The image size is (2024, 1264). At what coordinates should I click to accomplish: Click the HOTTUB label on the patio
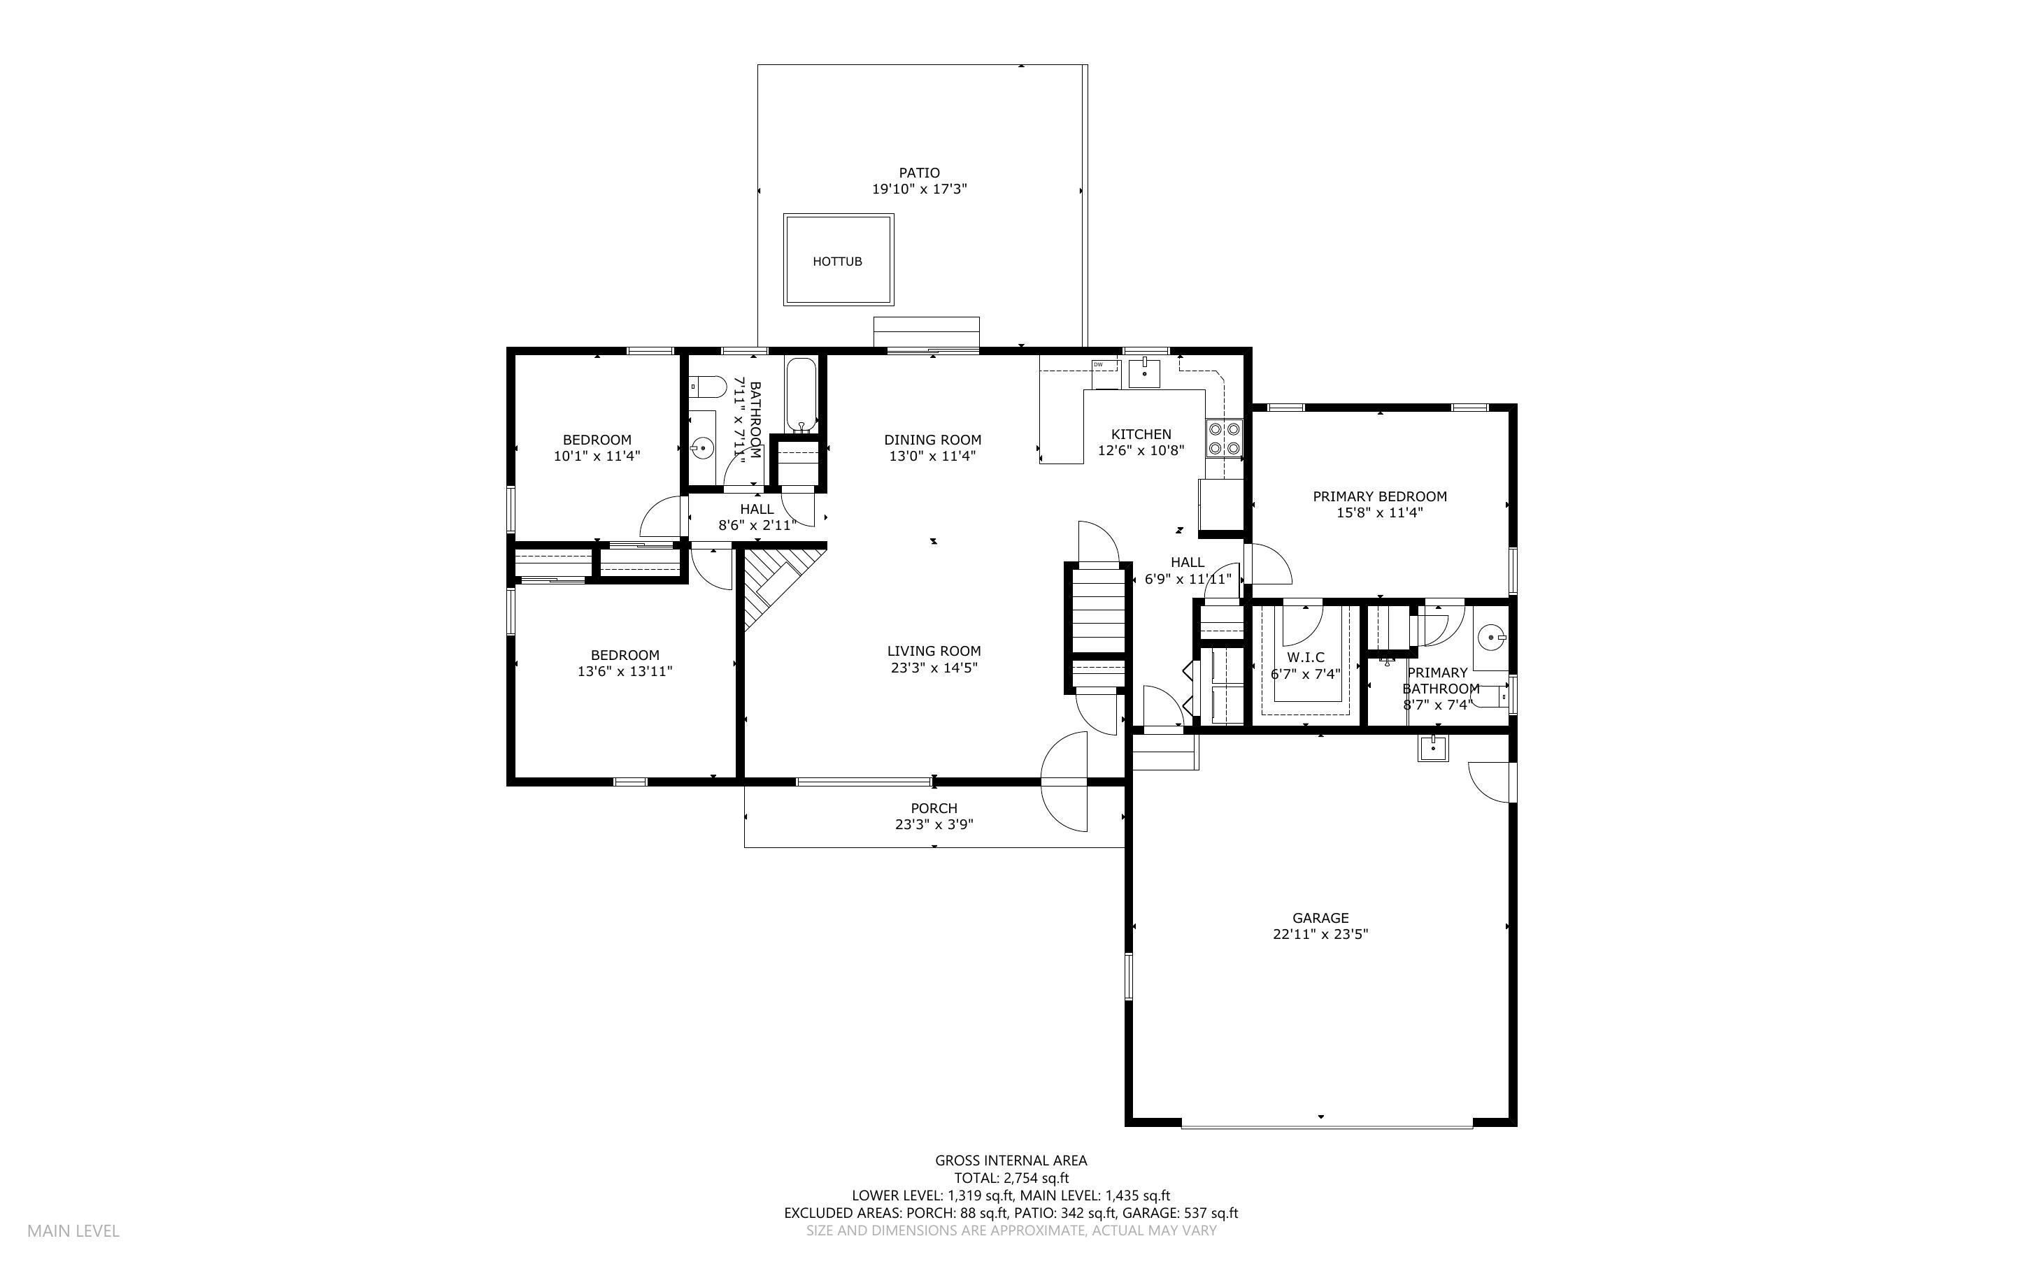coord(837,261)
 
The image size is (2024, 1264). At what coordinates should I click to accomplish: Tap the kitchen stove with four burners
coord(1224,439)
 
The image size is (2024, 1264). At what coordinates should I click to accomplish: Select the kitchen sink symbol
coord(1143,373)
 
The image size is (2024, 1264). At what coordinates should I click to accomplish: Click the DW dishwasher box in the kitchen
coord(1104,366)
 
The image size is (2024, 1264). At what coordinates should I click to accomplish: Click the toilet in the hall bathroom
coord(707,387)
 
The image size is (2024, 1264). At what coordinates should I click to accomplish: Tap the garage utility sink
coord(1432,747)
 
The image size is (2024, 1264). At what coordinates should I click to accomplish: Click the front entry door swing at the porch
coord(1065,782)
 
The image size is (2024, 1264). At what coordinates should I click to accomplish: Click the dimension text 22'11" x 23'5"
coord(1320,935)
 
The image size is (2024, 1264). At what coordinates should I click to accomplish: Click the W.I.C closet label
coord(1305,658)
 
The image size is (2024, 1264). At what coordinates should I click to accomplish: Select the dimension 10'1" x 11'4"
coord(597,457)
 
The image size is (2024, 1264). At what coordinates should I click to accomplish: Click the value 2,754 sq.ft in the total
coord(1036,1179)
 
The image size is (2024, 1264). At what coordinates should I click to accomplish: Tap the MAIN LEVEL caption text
coord(73,1230)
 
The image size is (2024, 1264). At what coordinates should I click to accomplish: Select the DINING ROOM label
coord(932,440)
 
